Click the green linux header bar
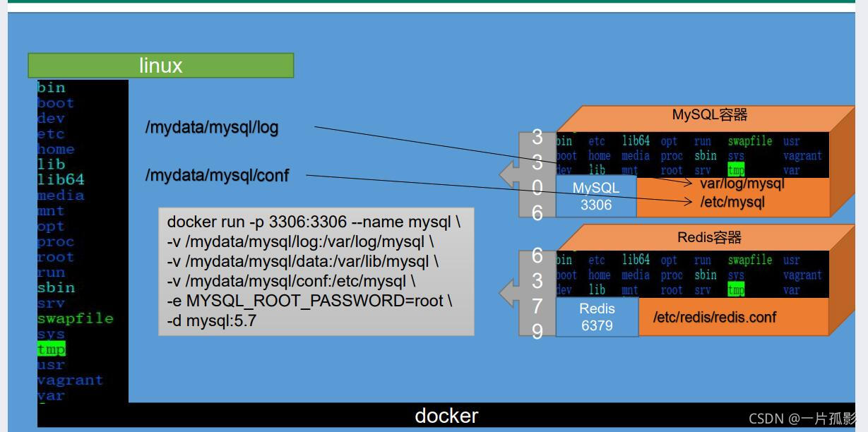160,66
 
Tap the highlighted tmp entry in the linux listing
51,349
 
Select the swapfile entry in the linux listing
75,318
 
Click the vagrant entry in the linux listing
70,380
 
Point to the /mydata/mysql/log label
212,128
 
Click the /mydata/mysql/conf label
217,175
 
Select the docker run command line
314,222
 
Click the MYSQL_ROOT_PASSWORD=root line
309,301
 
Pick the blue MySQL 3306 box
595,196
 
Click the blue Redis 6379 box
597,317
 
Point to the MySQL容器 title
709,115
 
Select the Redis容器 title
709,237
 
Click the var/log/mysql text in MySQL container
742,184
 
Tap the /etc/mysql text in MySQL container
732,202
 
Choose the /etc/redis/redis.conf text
714,317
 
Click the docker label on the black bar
446,416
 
